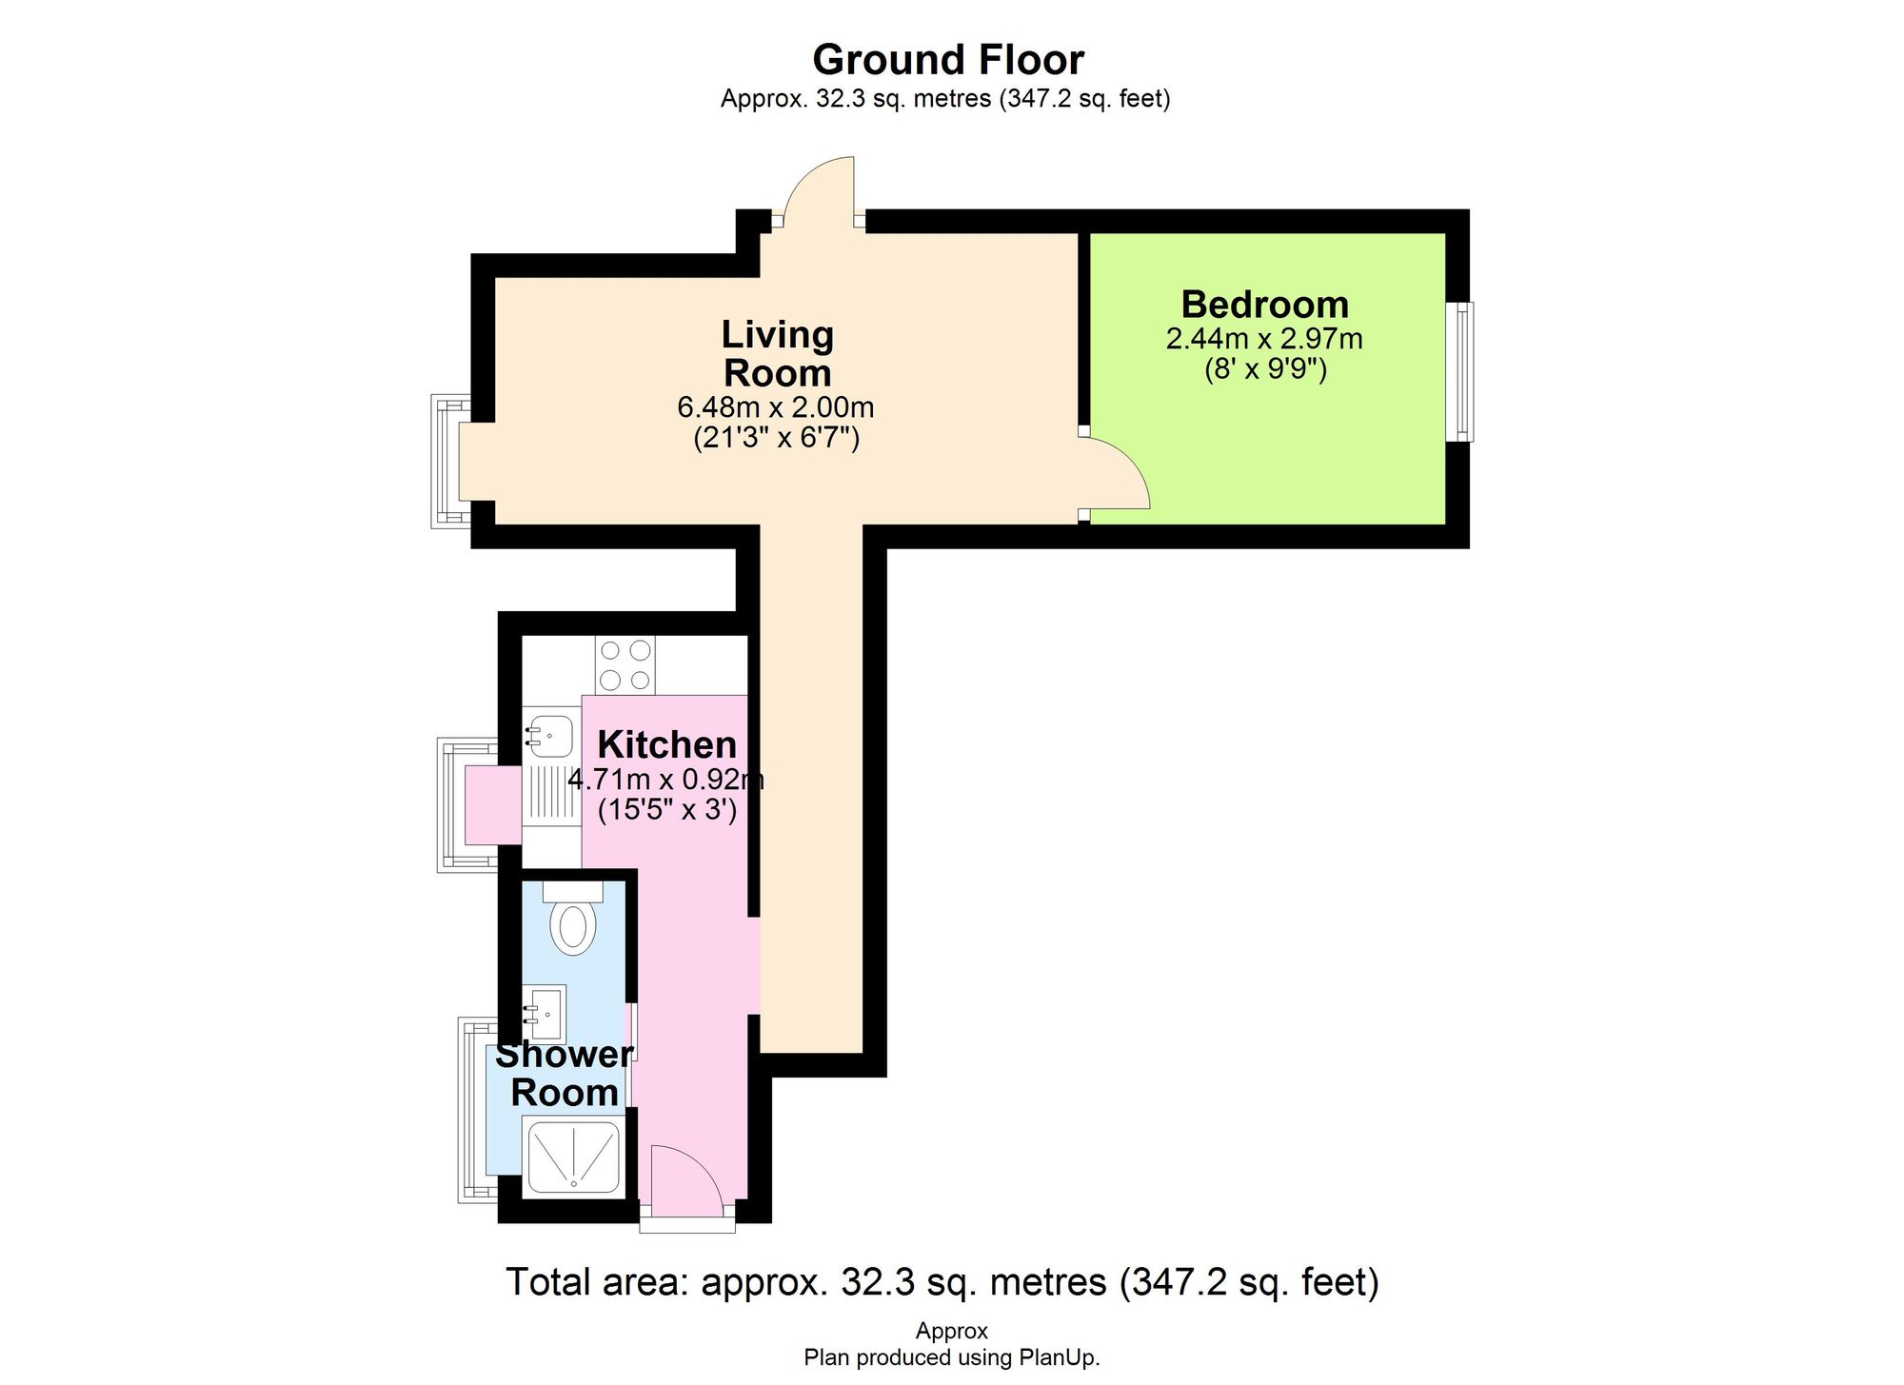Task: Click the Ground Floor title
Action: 948,60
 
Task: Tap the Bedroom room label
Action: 1264,305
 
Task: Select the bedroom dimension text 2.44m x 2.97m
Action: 1264,339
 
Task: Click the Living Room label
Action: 777,353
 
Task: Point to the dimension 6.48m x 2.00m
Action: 775,407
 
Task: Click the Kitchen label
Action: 666,744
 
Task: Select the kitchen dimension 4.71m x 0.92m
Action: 666,780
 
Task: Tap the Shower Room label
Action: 564,1074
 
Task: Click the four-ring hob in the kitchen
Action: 625,665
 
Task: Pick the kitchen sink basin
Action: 550,735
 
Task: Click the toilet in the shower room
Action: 572,923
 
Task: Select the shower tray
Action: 574,1156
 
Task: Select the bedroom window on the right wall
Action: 1459,371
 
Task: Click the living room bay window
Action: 449,462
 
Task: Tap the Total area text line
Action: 942,1282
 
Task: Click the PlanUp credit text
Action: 951,1357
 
